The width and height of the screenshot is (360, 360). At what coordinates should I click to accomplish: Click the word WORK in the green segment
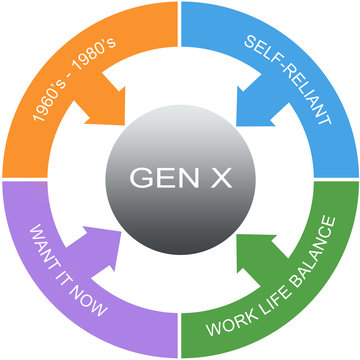tap(225, 325)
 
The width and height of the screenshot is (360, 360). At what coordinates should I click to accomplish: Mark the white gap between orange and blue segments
tap(180, 40)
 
